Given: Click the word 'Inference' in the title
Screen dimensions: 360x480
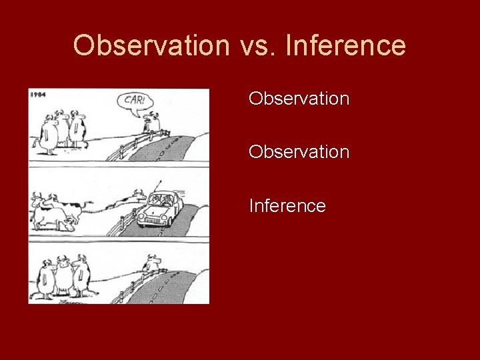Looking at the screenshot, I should point(345,46).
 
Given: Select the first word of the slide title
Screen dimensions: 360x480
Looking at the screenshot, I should point(151,46).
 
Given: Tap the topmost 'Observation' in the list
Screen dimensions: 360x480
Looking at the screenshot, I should point(299,99).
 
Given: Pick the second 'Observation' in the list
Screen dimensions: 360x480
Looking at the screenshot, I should point(299,152).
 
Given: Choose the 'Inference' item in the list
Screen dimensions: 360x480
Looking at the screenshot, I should point(287,206).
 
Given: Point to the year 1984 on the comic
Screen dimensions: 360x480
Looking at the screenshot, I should point(38,95).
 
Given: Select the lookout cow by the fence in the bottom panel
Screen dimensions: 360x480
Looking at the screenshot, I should point(153,265).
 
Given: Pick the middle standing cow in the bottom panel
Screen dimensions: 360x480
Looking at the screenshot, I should point(63,276).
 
